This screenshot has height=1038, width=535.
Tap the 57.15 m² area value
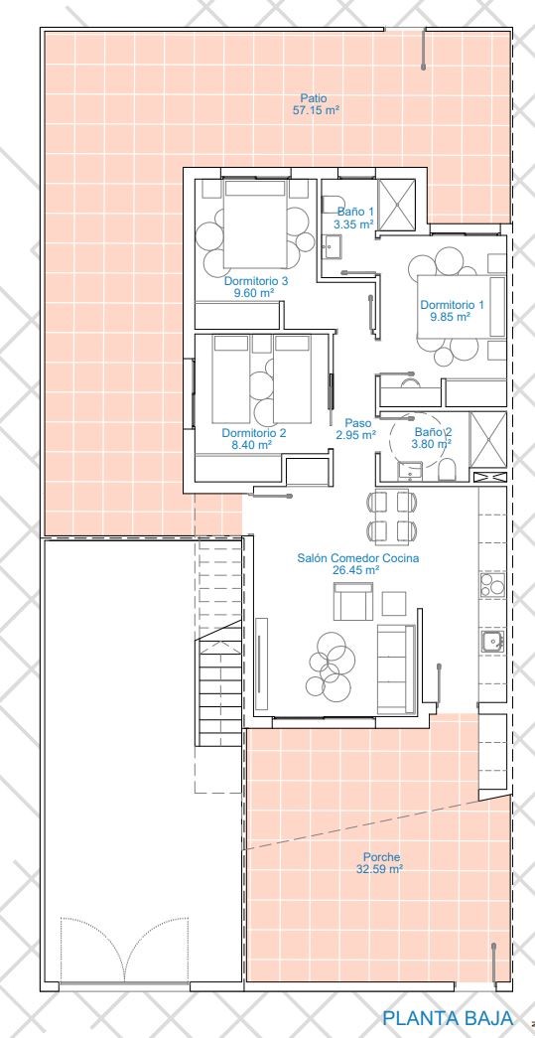click(316, 111)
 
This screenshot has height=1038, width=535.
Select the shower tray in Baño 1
click(395, 204)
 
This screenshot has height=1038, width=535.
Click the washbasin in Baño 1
click(332, 247)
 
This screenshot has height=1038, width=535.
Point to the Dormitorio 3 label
click(256, 281)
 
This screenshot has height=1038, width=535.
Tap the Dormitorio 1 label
click(453, 305)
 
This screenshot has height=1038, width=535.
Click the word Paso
click(357, 422)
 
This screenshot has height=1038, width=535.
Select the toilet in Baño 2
click(448, 470)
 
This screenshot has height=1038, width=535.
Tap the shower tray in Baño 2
click(486, 439)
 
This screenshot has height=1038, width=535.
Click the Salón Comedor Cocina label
click(357, 558)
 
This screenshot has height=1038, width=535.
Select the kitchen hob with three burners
click(491, 585)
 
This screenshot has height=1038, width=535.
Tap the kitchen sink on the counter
click(491, 641)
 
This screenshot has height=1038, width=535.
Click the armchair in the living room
click(353, 602)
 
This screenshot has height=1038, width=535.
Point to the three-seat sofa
click(396, 669)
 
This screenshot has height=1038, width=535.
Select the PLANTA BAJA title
click(447, 1017)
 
